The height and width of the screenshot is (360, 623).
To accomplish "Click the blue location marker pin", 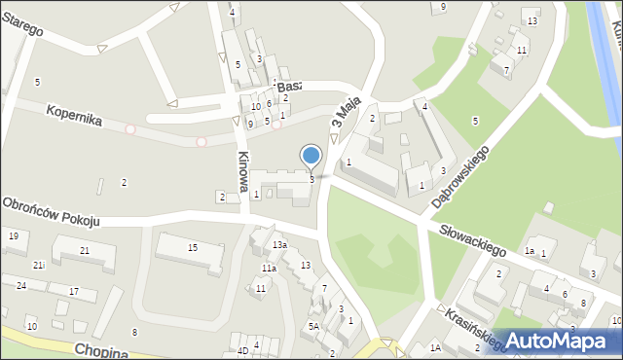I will (311, 156).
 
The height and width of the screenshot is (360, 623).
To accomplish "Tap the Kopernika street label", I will (74, 116).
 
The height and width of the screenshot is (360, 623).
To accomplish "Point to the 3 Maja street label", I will (346, 111).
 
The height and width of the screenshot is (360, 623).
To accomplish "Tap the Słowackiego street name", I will (473, 237).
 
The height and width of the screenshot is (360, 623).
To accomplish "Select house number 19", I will (13, 236).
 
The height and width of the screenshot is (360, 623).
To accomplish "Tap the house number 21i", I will (38, 266).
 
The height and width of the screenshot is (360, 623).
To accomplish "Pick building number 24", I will (20, 285).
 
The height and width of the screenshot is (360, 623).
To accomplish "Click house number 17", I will (74, 291).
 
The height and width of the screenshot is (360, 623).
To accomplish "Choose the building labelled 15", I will (193, 248).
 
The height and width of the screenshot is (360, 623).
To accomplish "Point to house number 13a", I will (279, 244).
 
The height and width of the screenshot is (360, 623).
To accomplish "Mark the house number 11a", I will (268, 268).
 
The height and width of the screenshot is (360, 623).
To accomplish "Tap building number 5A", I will (313, 326).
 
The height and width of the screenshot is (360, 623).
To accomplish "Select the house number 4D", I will (242, 350).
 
